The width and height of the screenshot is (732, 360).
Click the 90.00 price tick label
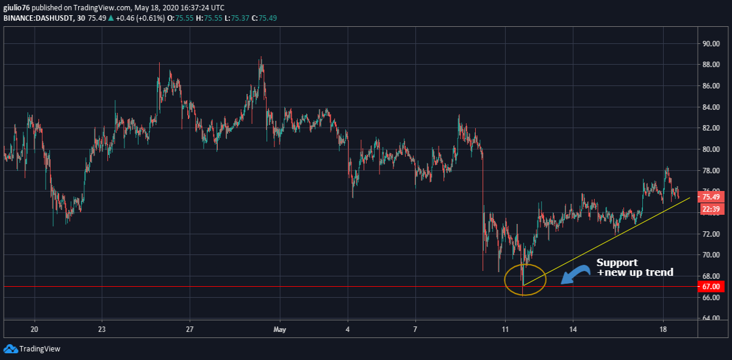point(711,44)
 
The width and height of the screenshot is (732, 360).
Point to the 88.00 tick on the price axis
point(711,65)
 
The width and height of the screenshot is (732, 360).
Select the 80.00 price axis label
point(711,149)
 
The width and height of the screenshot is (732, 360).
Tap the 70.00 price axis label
point(711,255)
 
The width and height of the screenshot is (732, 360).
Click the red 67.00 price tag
point(711,287)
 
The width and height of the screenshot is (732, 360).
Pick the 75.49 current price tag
point(711,197)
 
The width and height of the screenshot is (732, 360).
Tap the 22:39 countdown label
point(711,209)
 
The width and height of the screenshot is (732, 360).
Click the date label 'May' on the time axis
point(280,329)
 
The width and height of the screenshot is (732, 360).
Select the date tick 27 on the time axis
point(190,329)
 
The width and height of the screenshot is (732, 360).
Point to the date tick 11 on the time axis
point(505,329)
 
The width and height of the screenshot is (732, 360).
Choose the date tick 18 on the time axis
point(662,329)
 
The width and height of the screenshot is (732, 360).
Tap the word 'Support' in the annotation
point(617,262)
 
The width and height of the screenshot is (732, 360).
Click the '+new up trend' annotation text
point(635,272)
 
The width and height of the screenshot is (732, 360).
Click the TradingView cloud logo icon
point(10,349)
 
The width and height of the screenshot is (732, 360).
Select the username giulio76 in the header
point(16,7)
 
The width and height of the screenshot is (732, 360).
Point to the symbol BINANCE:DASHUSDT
point(38,18)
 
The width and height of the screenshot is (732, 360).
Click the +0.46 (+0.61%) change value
point(140,18)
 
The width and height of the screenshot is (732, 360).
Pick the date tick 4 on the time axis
point(347,329)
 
